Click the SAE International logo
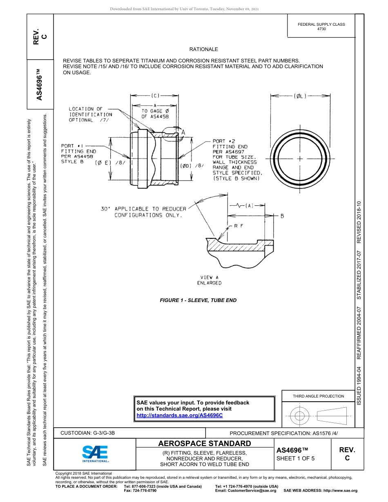95,453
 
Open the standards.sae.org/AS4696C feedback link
179,415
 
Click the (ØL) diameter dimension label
300,96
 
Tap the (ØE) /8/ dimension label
109,163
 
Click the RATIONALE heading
203,49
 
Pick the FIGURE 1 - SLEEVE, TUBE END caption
198,300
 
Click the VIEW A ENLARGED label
209,280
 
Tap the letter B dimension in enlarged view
282,216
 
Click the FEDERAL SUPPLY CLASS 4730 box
321,27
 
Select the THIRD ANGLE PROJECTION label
318,396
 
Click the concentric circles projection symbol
300,416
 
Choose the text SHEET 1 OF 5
295,458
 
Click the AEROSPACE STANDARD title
205,444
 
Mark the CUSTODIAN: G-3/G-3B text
90,433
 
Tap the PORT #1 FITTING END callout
78,154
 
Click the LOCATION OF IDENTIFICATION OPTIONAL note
90,114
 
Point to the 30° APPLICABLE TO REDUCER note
143,212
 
